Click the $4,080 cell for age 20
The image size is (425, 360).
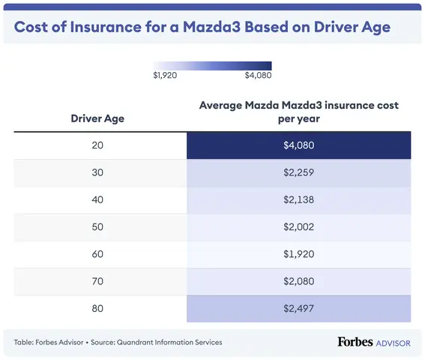pyautogui.click(x=298, y=145)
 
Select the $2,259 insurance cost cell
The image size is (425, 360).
pyautogui.click(x=298, y=172)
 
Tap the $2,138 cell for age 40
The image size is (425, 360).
pyautogui.click(x=298, y=199)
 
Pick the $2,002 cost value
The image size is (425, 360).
pyautogui.click(x=298, y=226)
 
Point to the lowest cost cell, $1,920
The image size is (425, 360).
pyautogui.click(x=298, y=253)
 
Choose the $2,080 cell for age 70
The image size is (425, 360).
pyautogui.click(x=298, y=280)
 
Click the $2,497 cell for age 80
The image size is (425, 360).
pyautogui.click(x=298, y=307)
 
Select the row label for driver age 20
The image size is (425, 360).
pyautogui.click(x=97, y=145)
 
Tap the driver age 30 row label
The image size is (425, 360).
pyautogui.click(x=97, y=172)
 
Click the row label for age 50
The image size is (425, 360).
pyautogui.click(x=97, y=226)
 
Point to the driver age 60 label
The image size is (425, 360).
pyautogui.click(x=97, y=253)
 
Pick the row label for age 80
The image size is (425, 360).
pyautogui.click(x=97, y=307)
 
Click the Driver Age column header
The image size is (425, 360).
pyautogui.click(x=97, y=118)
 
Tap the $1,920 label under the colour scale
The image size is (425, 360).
pyautogui.click(x=164, y=76)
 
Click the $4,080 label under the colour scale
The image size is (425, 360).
pyautogui.click(x=258, y=76)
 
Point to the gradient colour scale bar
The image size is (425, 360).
pyautogui.click(x=212, y=65)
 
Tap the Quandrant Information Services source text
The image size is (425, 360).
pyautogui.click(x=175, y=342)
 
